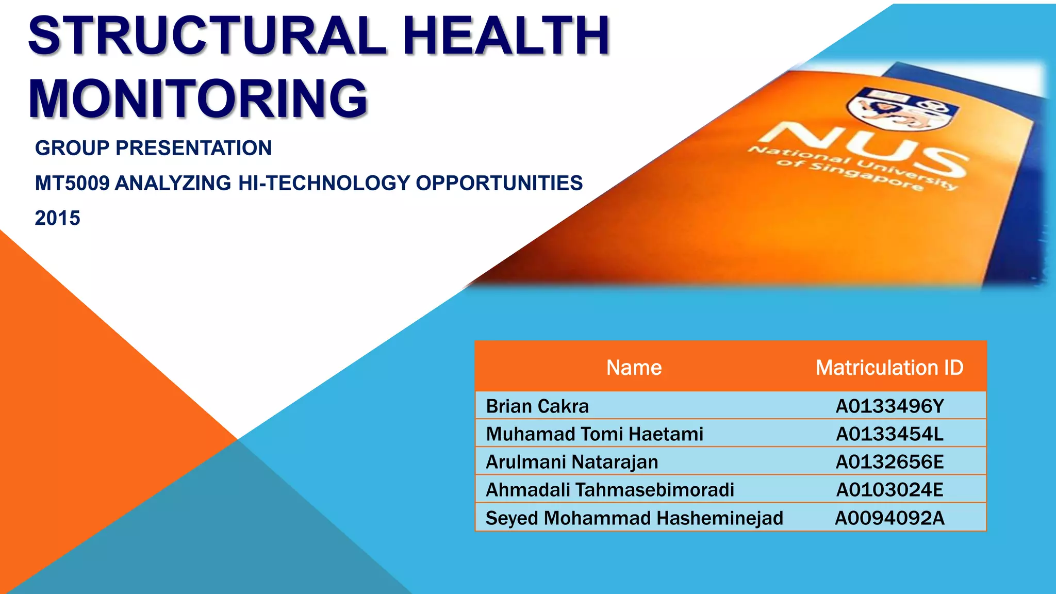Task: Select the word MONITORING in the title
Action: point(198,98)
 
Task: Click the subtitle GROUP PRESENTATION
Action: point(153,148)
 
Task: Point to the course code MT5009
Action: point(72,184)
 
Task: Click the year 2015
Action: point(57,218)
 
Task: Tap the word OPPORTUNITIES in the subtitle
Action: point(499,184)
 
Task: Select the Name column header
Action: point(634,368)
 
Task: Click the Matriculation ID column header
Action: point(889,368)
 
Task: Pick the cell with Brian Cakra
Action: point(537,406)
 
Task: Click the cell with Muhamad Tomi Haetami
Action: point(595,434)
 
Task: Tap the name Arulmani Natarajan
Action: point(572,462)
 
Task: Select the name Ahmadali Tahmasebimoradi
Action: point(610,490)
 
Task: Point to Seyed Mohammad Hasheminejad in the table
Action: point(634,518)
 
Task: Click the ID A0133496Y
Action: point(889,406)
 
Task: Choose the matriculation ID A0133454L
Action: point(889,434)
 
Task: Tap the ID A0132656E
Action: point(889,462)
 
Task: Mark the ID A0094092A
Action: point(889,518)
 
